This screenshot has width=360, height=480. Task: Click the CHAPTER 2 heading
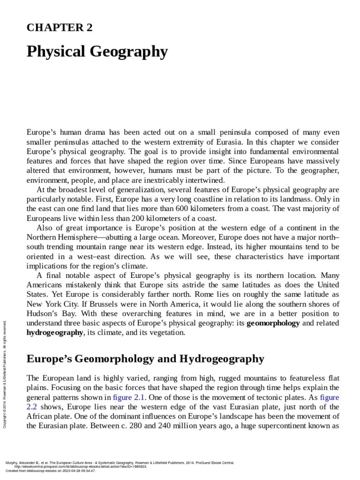[x=60, y=28]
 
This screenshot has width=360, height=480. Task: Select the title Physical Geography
[x=97, y=52]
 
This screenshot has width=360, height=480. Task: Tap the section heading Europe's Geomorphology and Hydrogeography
[x=145, y=359]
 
